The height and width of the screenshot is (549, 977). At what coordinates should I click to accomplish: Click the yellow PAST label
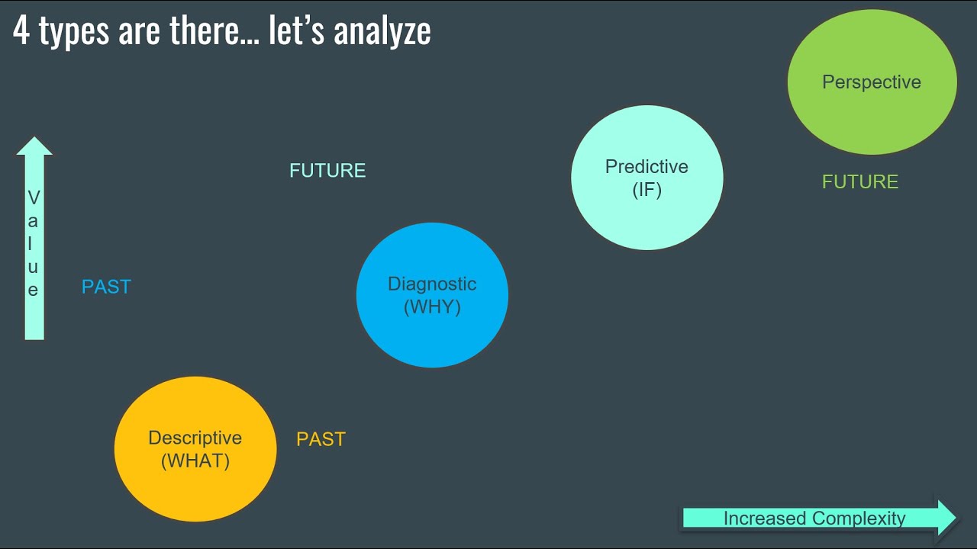(x=321, y=439)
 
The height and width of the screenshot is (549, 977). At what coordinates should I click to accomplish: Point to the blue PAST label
(x=106, y=287)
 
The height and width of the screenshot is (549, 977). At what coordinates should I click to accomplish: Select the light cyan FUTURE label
(x=327, y=171)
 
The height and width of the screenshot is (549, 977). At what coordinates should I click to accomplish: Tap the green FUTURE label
(x=860, y=182)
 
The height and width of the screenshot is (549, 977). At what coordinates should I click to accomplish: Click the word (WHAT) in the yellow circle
(x=195, y=461)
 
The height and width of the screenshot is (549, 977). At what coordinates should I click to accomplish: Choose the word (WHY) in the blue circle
(x=432, y=307)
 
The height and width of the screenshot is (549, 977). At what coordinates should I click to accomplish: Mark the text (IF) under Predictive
(x=646, y=190)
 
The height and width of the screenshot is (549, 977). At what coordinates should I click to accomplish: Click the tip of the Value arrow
(x=34, y=141)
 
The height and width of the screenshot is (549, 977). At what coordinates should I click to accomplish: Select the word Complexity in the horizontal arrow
(x=859, y=518)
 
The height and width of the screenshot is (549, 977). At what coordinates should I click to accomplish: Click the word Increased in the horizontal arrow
(x=765, y=518)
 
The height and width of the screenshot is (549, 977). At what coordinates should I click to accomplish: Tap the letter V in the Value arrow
(x=34, y=198)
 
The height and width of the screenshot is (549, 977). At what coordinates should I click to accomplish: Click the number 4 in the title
(x=21, y=31)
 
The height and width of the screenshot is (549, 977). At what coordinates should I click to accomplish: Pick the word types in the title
(x=73, y=33)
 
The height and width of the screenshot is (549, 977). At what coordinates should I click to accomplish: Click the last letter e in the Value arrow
(x=34, y=291)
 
